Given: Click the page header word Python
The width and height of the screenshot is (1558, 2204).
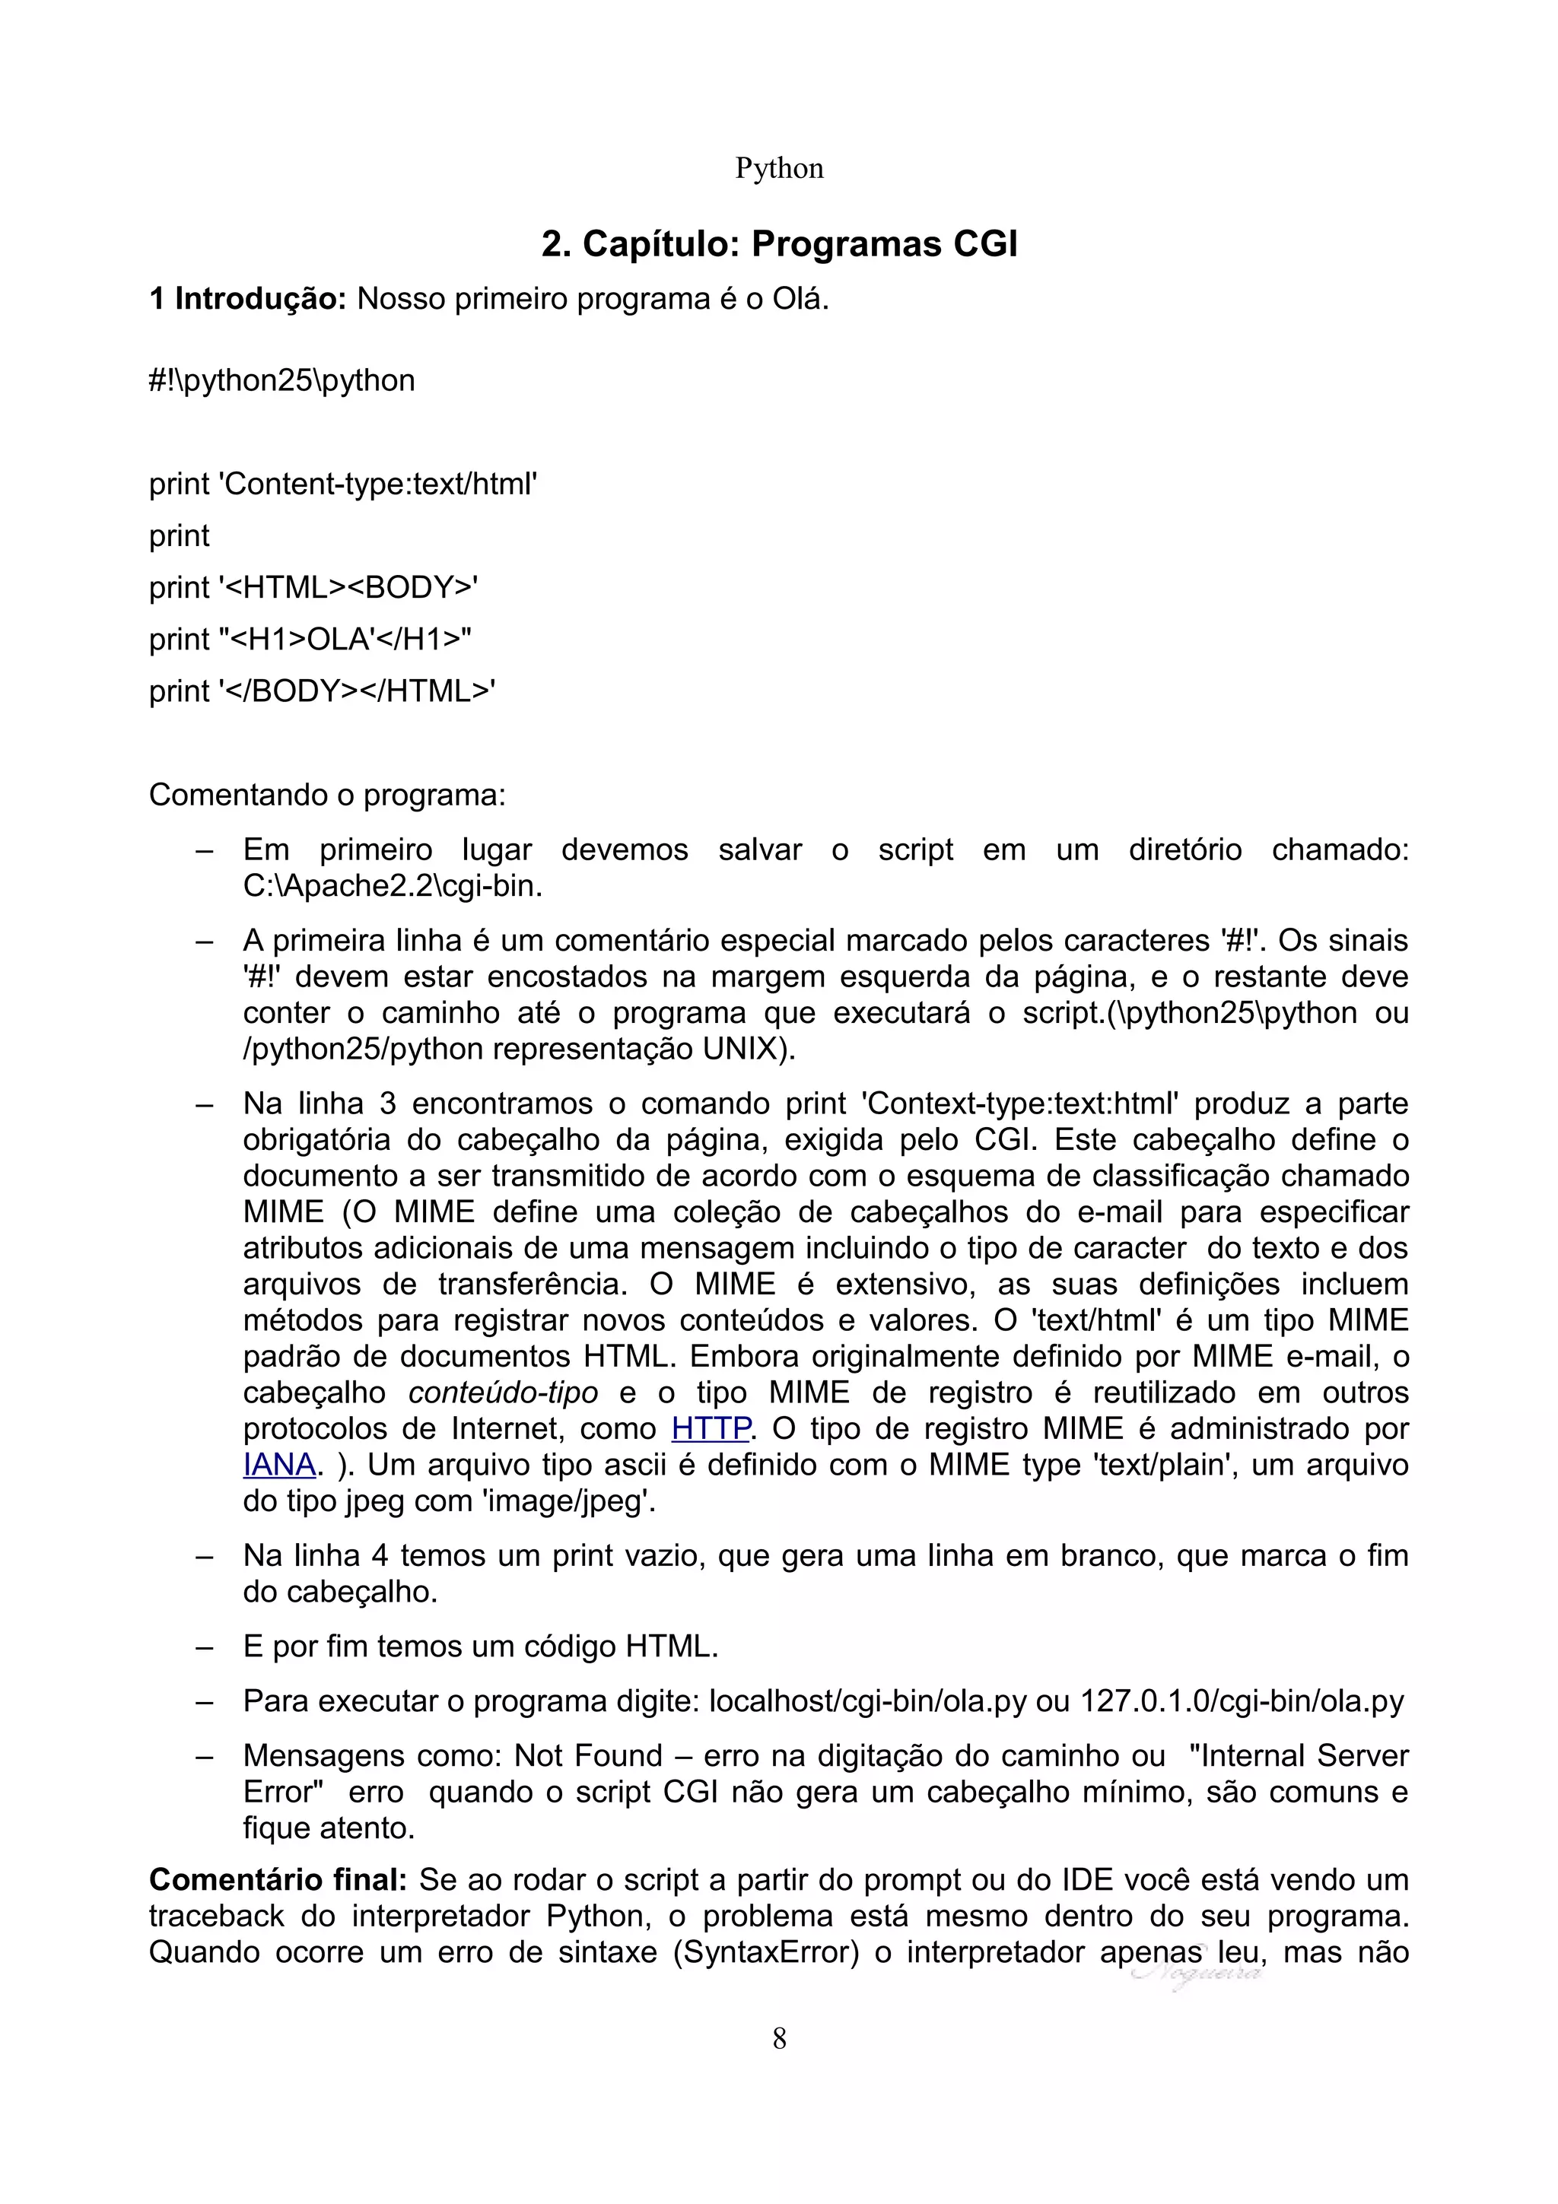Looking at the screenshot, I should pyautogui.click(x=778, y=169).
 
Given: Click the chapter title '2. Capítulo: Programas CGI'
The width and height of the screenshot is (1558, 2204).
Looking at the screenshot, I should pyautogui.click(x=778, y=244).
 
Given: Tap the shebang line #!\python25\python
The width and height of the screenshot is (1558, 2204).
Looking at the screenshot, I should pyautogui.click(x=281, y=381).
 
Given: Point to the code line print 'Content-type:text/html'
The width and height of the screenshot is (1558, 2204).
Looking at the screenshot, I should pyautogui.click(x=342, y=484).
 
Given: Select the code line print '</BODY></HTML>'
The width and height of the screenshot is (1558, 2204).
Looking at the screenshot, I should pyautogui.click(x=323, y=691).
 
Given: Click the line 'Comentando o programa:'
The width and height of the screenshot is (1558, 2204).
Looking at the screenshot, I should pyautogui.click(x=326, y=795).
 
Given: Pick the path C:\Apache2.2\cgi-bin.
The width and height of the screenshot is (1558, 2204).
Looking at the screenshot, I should pyautogui.click(x=391, y=886).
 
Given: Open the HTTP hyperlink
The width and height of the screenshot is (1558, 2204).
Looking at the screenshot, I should pyautogui.click(x=711, y=1428).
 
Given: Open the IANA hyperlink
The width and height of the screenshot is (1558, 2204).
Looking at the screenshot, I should pyautogui.click(x=279, y=1465).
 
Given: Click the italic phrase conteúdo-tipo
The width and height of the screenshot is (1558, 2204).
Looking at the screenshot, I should pyautogui.click(x=503, y=1393).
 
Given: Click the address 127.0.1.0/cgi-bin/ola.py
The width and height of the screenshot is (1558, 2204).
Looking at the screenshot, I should pyautogui.click(x=1242, y=1701).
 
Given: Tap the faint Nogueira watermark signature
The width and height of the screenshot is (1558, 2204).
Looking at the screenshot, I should pyautogui.click(x=1197, y=1974).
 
